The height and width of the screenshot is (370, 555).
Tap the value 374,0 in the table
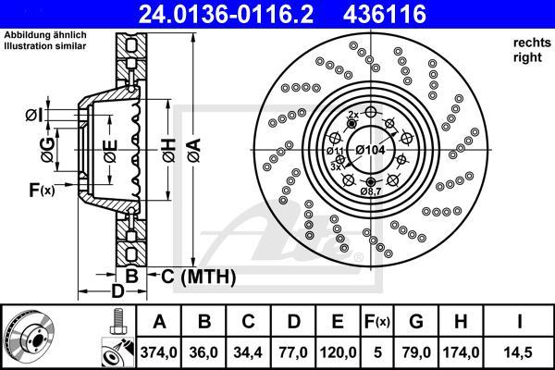(159, 351)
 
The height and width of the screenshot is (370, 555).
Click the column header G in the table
(416, 322)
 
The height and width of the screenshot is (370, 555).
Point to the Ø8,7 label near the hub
(371, 191)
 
